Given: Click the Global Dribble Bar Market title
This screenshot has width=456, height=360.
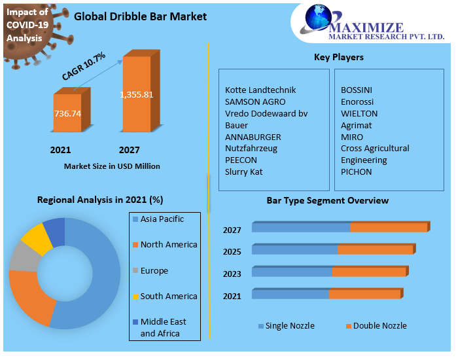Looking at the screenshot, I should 140,16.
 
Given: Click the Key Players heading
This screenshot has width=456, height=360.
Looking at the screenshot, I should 339,57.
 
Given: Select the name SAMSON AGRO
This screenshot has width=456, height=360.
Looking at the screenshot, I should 255,101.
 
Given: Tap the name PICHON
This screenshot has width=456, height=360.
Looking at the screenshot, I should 356,171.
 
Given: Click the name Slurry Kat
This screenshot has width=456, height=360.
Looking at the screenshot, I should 244,171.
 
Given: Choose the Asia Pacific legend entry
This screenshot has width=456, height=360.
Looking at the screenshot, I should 162,219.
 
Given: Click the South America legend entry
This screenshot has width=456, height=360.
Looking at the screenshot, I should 168,296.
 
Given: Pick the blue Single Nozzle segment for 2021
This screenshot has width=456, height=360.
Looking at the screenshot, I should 290,295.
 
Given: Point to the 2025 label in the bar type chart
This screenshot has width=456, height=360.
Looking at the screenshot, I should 232,252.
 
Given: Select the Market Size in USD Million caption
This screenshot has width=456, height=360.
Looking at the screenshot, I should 112,166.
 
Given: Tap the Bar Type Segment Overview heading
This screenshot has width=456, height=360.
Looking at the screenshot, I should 327,200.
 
